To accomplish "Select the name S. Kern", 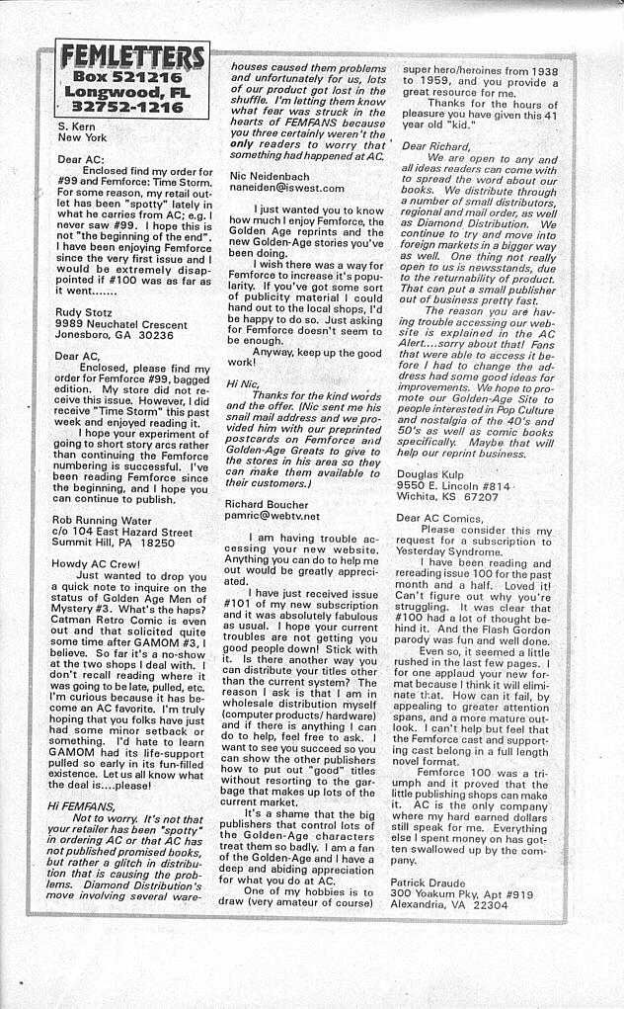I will [78, 127].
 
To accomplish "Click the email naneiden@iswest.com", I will [286, 188].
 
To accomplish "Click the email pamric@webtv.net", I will [273, 516].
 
